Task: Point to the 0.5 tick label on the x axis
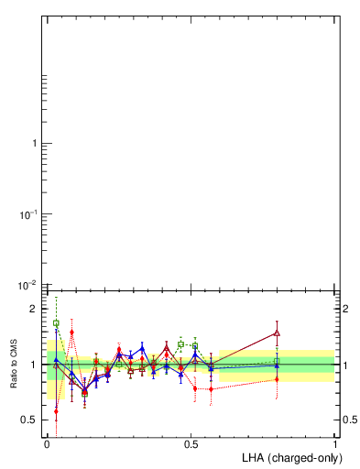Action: pos(191,443)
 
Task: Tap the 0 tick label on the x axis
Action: pos(47,443)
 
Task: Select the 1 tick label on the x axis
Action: pos(335,443)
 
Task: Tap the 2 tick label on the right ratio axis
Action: pos(345,309)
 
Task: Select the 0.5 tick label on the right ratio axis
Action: pos(349,420)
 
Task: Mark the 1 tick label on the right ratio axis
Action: pos(345,365)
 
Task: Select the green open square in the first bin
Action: pos(56,323)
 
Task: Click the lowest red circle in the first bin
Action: pos(56,411)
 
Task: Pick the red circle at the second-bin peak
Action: pos(71,332)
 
